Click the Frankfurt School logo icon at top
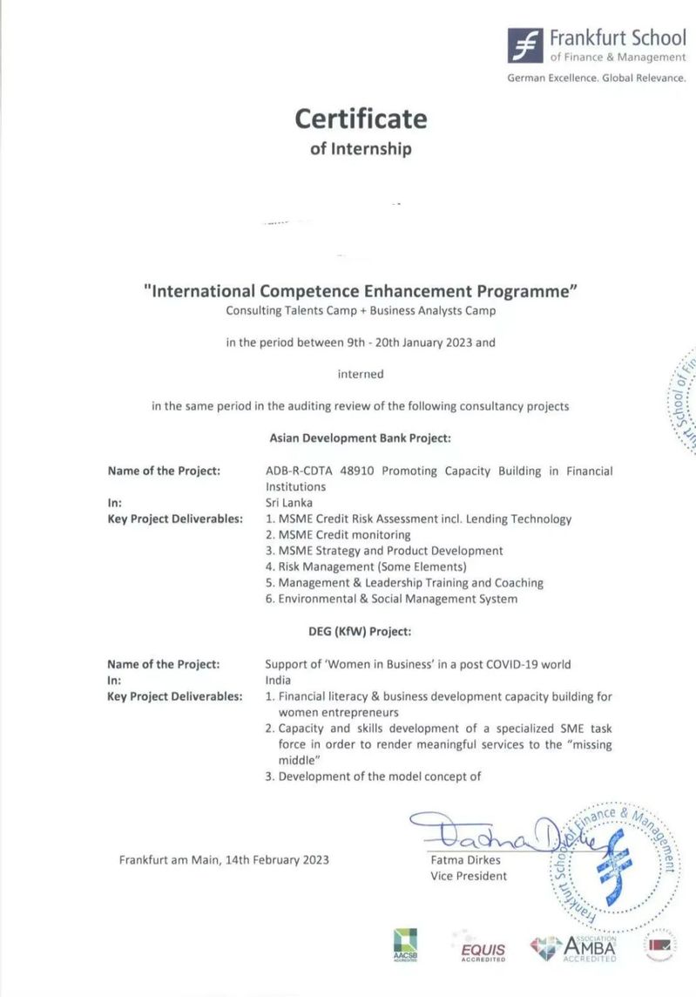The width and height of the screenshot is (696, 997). [524, 44]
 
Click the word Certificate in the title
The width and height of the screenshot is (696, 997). [361, 118]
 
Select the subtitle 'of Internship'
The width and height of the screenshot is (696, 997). [361, 148]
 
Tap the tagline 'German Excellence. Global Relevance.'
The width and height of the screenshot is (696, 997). [597, 78]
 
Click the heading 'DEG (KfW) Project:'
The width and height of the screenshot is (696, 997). [360, 631]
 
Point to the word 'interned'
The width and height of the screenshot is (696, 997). [361, 374]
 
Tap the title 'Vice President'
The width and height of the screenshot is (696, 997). [468, 876]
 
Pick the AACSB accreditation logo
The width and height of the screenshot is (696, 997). [405, 945]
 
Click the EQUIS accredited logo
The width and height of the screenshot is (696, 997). [483, 948]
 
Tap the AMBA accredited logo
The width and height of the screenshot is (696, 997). [576, 946]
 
